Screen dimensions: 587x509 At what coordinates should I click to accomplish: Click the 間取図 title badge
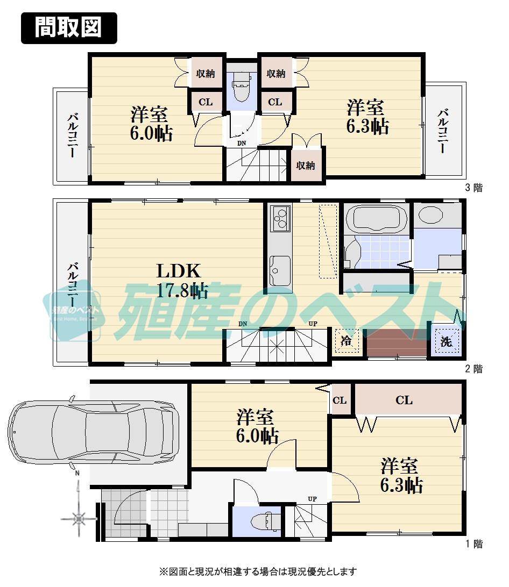tap(68, 27)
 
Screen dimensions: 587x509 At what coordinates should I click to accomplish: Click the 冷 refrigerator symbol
tap(347, 340)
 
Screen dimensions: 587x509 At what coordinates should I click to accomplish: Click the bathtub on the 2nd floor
tap(376, 219)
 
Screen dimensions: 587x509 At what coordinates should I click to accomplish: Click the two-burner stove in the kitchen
tap(280, 219)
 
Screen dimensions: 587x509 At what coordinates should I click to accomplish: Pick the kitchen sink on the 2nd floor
tap(280, 269)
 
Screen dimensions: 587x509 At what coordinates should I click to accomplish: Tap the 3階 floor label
tap(473, 188)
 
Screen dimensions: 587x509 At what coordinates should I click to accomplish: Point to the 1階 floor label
tap(473, 544)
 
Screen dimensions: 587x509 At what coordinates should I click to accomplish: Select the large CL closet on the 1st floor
tap(405, 400)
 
